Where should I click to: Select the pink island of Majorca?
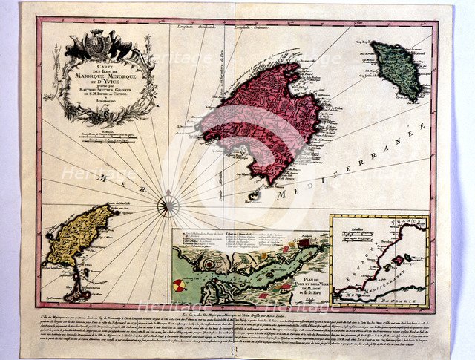coord(256,119)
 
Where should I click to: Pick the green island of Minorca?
coord(398,68)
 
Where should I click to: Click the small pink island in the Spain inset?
coord(398,260)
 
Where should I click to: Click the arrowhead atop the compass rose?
coord(169,189)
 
